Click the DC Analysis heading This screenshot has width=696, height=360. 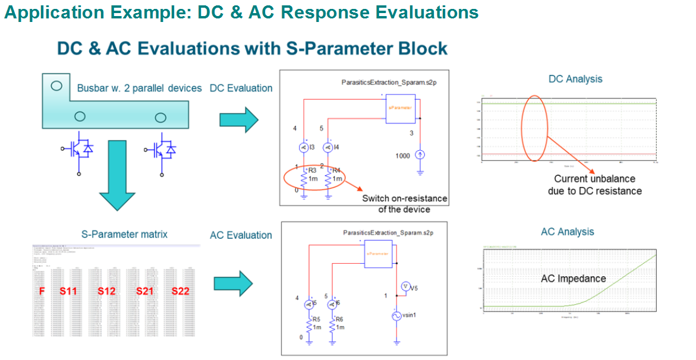tap(575, 79)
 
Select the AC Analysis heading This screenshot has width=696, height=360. tap(567, 232)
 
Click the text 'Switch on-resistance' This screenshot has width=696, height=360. tap(404, 198)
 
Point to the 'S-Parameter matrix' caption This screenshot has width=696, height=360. tap(124, 234)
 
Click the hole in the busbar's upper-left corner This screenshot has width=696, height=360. tap(56, 86)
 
